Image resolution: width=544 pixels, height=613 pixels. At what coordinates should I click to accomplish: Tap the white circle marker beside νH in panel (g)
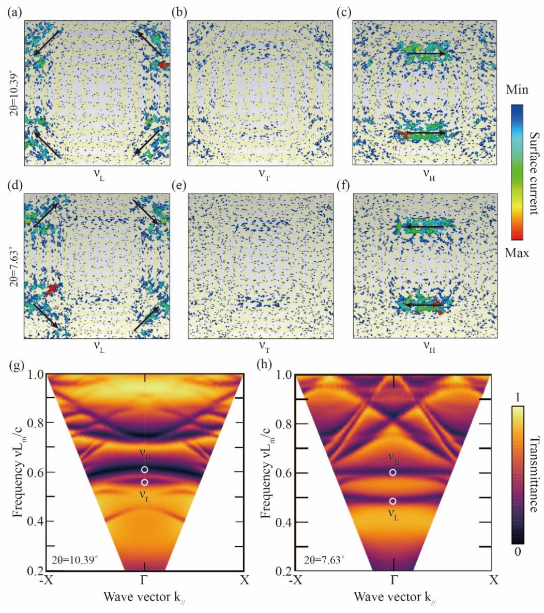pyautogui.click(x=145, y=469)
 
